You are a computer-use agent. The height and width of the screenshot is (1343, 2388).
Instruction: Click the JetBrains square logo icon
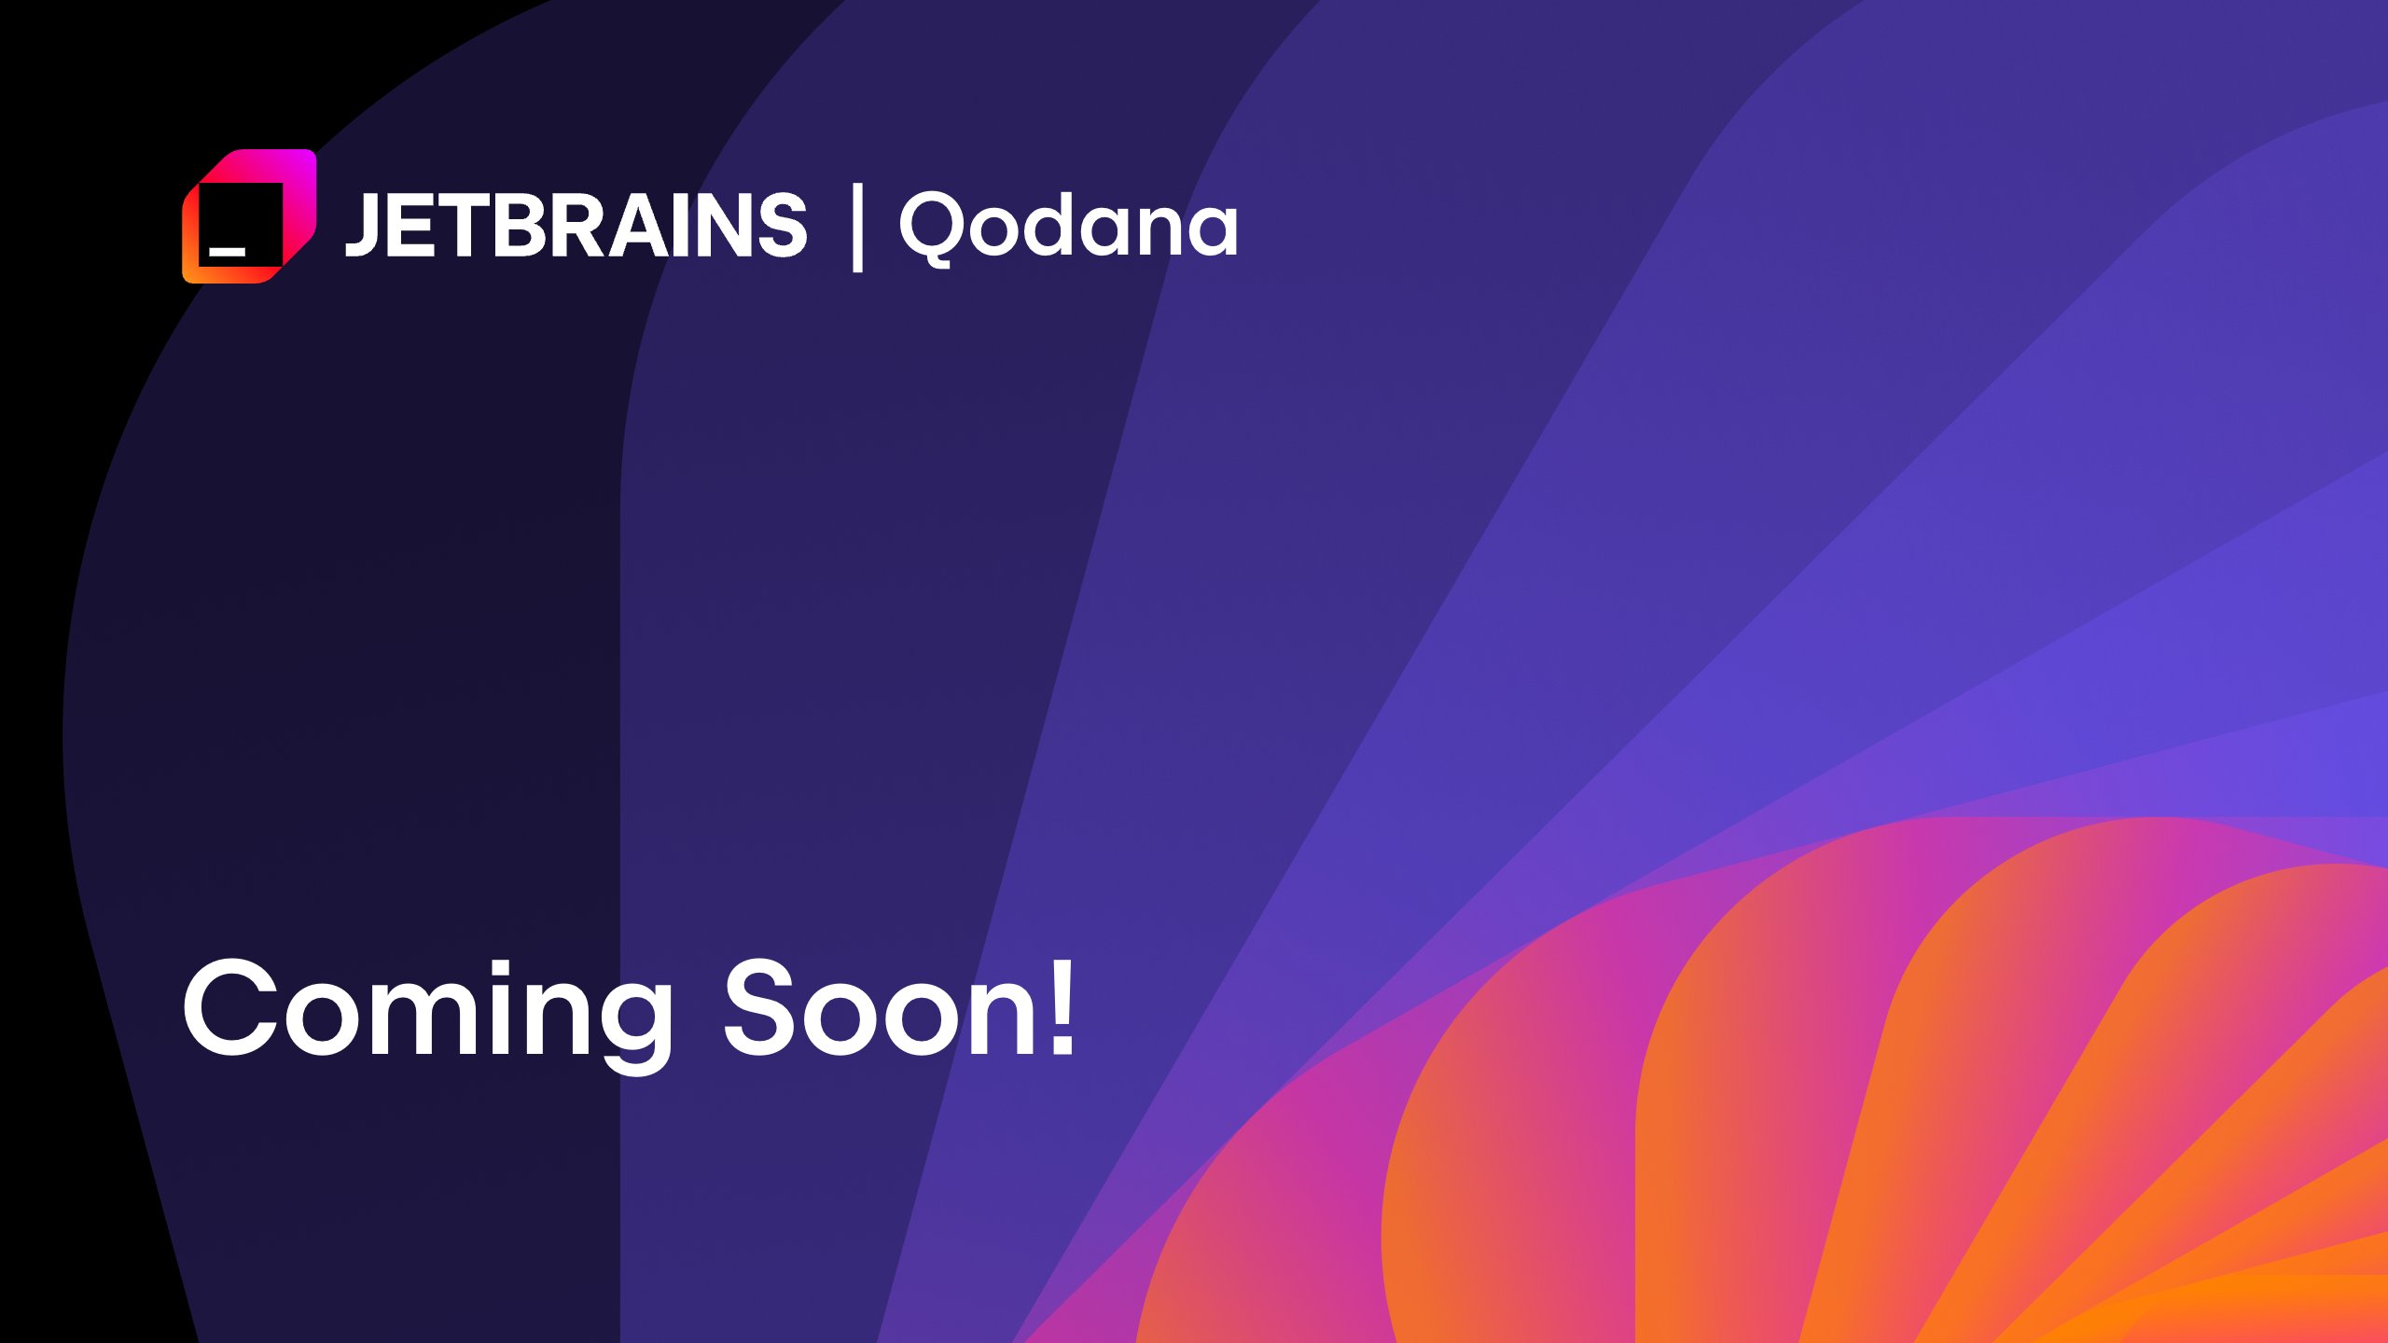pyautogui.click(x=249, y=216)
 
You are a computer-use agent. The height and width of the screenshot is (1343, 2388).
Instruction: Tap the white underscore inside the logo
pyautogui.click(x=227, y=251)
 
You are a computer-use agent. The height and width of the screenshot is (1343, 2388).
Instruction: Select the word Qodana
pyautogui.click(x=1068, y=226)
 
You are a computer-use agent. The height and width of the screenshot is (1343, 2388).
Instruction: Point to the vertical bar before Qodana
pyautogui.click(x=857, y=228)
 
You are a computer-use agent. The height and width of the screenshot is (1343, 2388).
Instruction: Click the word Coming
pyautogui.click(x=427, y=1011)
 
